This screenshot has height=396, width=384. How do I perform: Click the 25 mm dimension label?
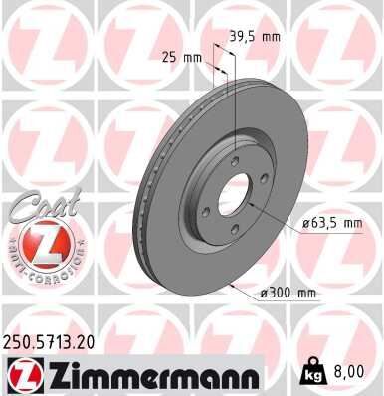coord(180,56)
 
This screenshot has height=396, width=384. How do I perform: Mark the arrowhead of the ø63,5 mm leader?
coord(250,203)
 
